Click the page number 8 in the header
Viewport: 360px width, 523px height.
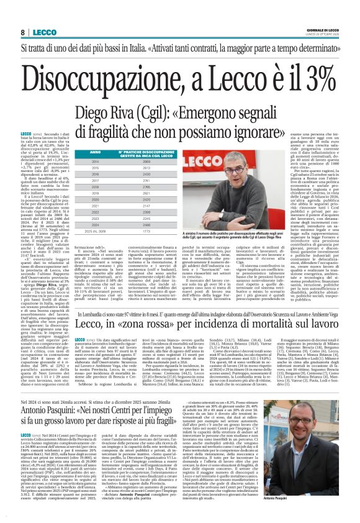pos(22,32)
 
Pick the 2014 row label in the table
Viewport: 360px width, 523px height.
pos(78,162)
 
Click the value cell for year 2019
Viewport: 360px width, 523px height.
pos(146,193)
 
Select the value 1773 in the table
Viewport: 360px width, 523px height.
pos(146,230)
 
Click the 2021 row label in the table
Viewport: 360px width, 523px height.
pos(78,206)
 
